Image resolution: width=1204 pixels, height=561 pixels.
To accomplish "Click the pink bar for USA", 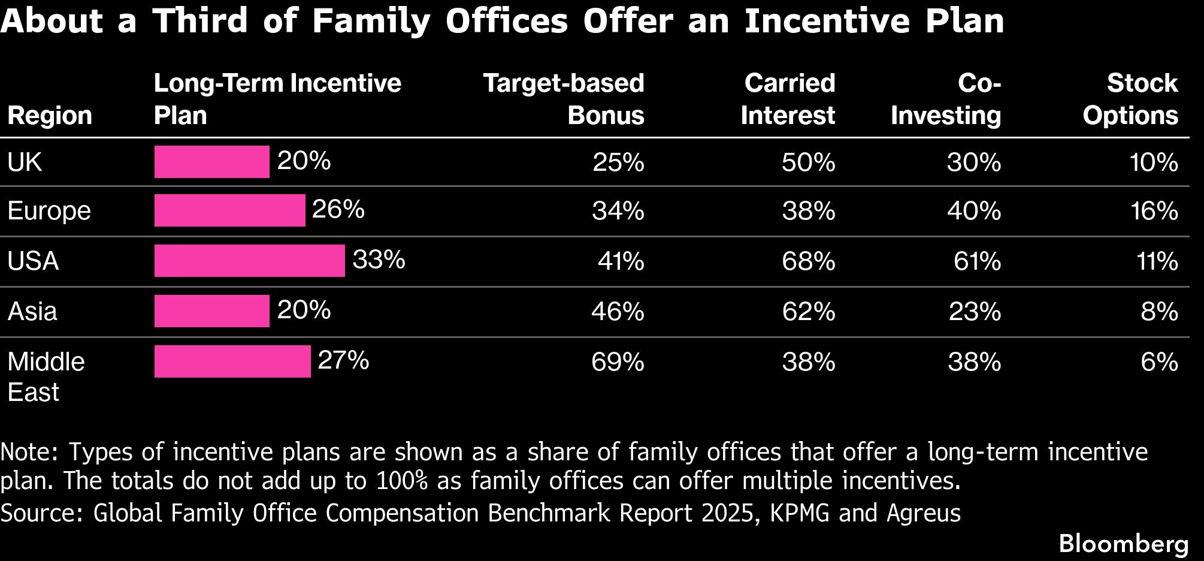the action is point(250,261).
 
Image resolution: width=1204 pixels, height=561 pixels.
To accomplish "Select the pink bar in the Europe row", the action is point(230,210).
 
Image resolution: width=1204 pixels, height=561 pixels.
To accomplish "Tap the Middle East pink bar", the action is point(232,361).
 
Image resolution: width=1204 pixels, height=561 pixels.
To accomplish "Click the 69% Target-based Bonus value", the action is point(618,362).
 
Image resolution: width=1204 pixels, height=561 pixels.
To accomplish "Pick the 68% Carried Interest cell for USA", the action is point(809,261).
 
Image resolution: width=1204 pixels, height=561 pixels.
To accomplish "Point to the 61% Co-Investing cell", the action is point(977,261).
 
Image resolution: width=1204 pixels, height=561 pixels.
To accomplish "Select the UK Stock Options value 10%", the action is point(1154,162).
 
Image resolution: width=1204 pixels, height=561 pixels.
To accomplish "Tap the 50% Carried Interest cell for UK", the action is point(809,162).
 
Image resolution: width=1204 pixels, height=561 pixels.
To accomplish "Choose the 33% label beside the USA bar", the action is point(379,260).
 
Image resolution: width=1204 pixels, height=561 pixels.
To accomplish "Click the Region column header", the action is point(50,116).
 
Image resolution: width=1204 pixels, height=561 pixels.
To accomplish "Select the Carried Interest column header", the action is point(788,99).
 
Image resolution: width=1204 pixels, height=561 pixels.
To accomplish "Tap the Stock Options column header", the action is point(1130,99).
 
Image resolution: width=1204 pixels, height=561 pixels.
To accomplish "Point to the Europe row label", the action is point(49,211).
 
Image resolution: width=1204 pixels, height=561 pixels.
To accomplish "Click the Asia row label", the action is point(32,312).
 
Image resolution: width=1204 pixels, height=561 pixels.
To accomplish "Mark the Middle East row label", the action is point(46,377).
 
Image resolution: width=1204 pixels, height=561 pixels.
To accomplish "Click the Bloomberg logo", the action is point(1124,544).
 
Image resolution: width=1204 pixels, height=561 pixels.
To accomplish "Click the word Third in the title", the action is point(200,20).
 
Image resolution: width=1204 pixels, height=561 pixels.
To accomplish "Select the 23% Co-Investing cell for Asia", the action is point(975,312).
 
